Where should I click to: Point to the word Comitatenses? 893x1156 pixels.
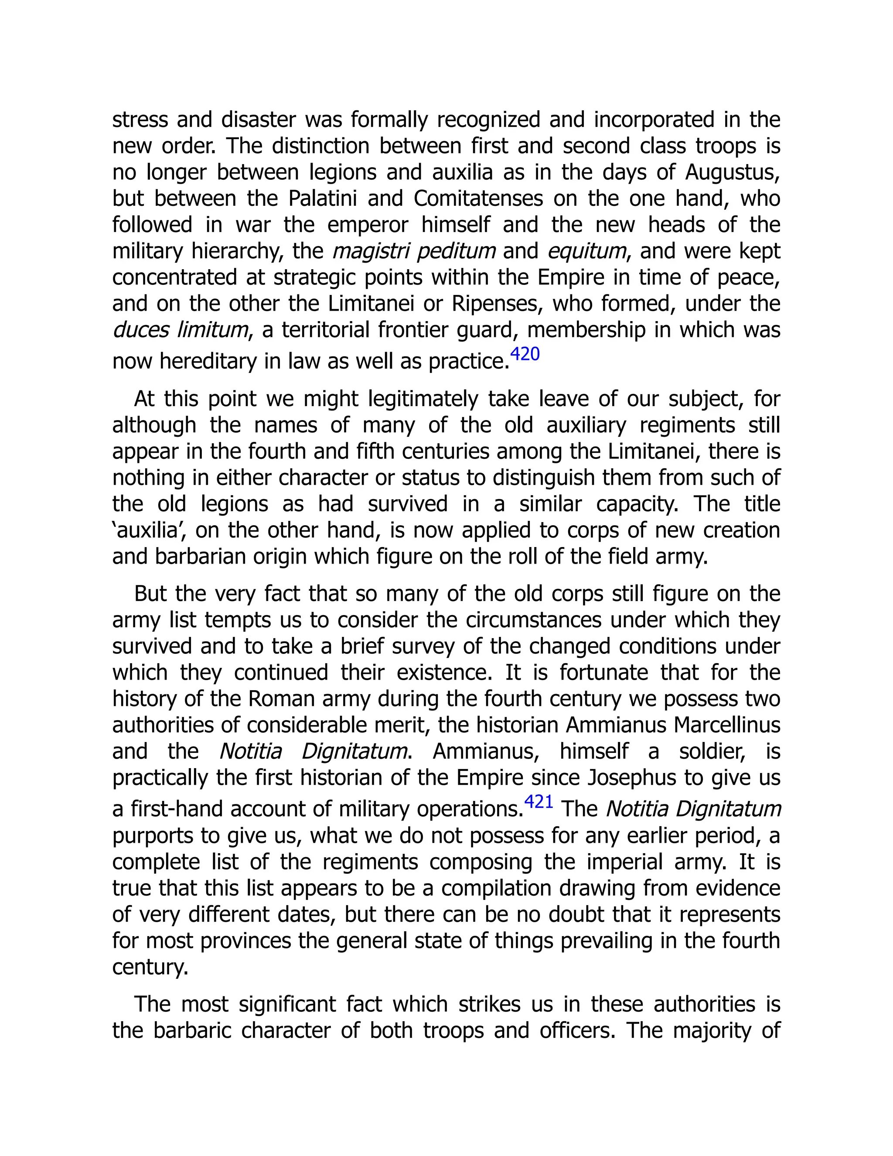pos(478,198)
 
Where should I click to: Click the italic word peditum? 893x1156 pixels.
pos(456,251)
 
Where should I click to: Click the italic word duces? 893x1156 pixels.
pos(141,330)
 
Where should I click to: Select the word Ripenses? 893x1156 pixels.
pos(497,304)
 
